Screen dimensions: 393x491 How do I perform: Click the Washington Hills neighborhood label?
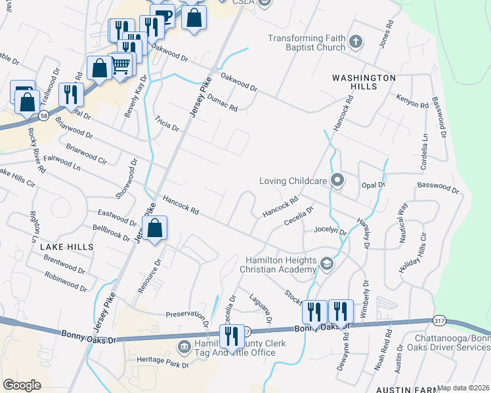364,83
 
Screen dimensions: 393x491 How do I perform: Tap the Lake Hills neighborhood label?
67,247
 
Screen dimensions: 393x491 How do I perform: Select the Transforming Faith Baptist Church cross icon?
356,43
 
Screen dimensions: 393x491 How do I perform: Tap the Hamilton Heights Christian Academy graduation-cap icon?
327,263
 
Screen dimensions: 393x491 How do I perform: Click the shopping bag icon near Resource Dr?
155,229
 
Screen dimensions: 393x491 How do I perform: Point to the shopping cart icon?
121,65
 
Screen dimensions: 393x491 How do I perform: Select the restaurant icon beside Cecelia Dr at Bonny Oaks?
232,337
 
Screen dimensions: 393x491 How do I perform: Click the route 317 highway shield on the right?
440,319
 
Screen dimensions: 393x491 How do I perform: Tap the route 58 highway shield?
42,115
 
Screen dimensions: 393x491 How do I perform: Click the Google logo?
22,384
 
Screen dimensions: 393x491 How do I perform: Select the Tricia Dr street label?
167,123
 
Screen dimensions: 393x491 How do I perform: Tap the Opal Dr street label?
373,185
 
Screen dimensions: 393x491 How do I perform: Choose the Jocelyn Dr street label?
330,230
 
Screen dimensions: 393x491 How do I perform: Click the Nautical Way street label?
403,223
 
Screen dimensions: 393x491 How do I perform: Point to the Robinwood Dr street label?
66,282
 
